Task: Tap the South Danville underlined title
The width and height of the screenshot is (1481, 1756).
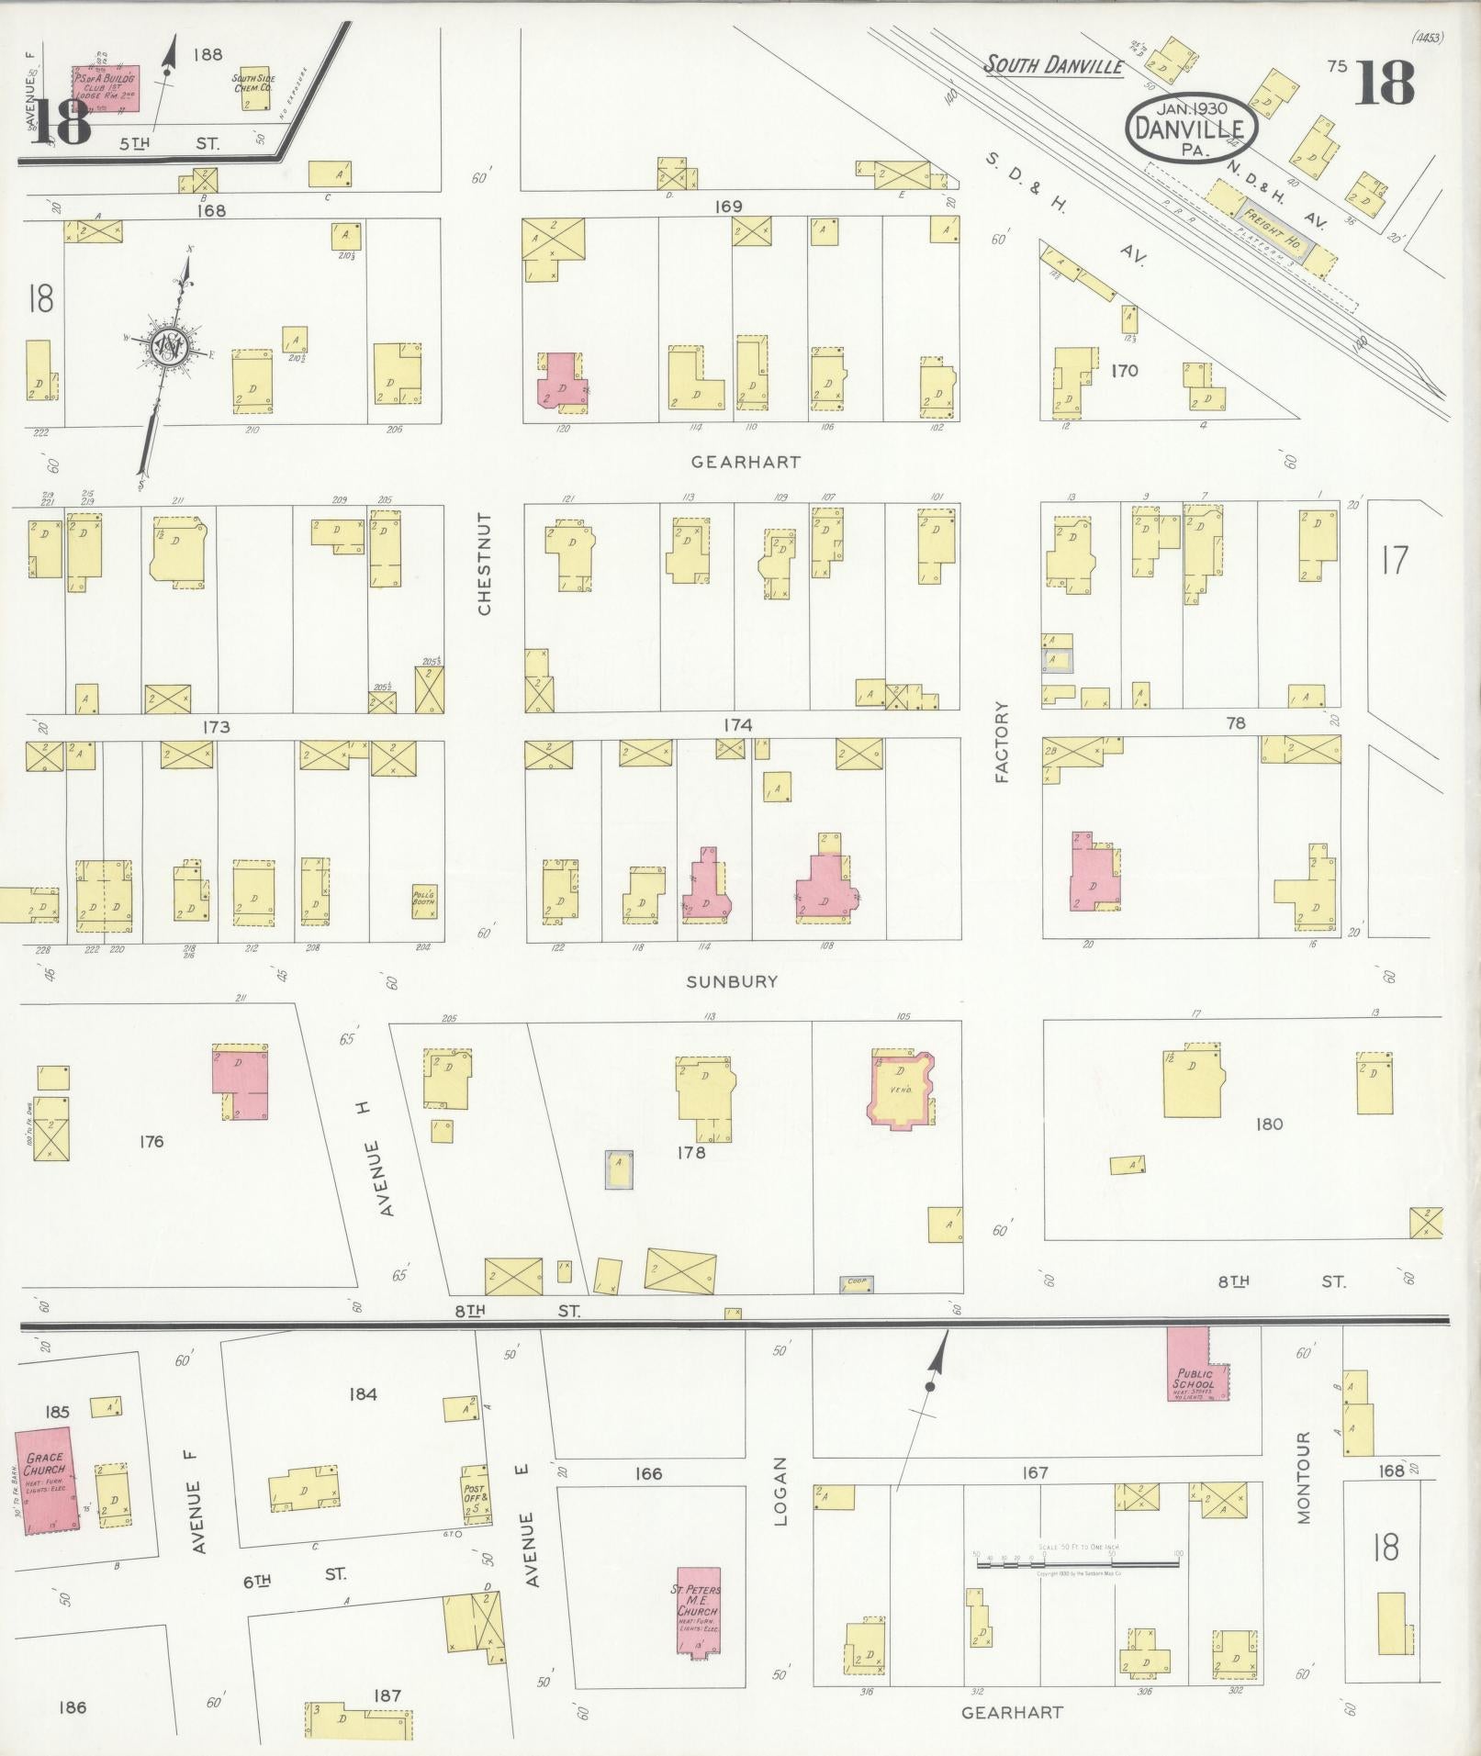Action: point(1054,65)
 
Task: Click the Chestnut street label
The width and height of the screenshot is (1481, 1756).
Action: point(485,563)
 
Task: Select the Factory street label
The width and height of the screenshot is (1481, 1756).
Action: point(1002,742)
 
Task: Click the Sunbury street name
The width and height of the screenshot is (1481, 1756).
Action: point(732,981)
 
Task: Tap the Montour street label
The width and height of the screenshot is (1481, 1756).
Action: point(1305,1490)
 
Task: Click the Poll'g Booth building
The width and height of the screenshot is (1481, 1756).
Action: point(423,900)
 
